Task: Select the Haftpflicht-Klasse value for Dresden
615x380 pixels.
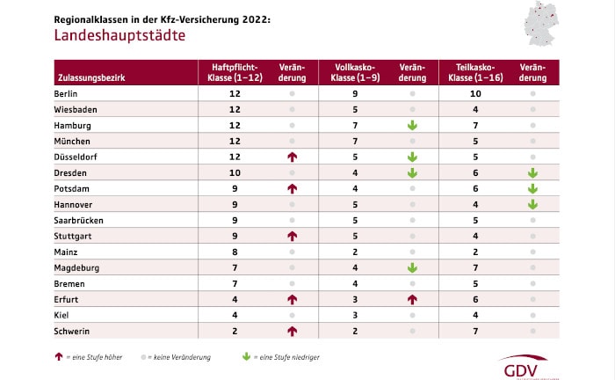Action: tap(235, 173)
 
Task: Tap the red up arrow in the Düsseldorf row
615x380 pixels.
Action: tap(292, 157)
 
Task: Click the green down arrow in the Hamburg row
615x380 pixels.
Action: tap(411, 126)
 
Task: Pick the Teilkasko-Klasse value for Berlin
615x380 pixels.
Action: tap(474, 93)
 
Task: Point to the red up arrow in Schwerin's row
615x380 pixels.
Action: tap(292, 332)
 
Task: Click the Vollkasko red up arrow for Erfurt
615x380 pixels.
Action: tap(411, 300)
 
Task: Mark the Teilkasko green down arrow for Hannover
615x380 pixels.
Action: tap(532, 205)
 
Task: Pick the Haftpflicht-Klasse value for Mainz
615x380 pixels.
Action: tap(235, 252)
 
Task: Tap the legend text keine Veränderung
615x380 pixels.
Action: tap(173, 358)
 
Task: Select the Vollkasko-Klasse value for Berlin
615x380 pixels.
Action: tap(354, 93)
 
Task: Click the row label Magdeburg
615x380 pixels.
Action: tap(77, 268)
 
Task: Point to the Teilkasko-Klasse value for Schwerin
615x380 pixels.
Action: tap(474, 332)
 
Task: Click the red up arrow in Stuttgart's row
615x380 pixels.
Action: tap(292, 237)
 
